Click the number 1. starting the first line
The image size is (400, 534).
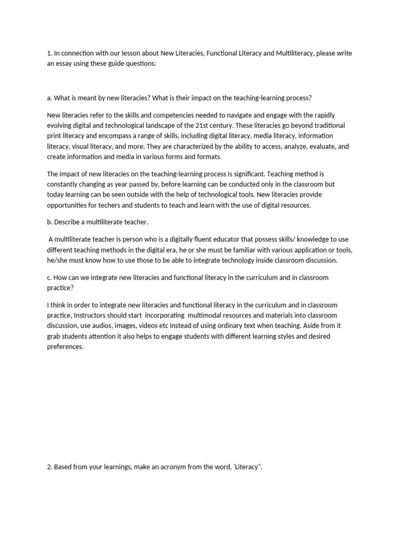click(49, 53)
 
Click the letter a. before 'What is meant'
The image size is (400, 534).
click(49, 98)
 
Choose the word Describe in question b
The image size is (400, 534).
click(70, 222)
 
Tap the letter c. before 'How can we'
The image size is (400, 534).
click(49, 277)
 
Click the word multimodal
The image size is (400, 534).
click(209, 315)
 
